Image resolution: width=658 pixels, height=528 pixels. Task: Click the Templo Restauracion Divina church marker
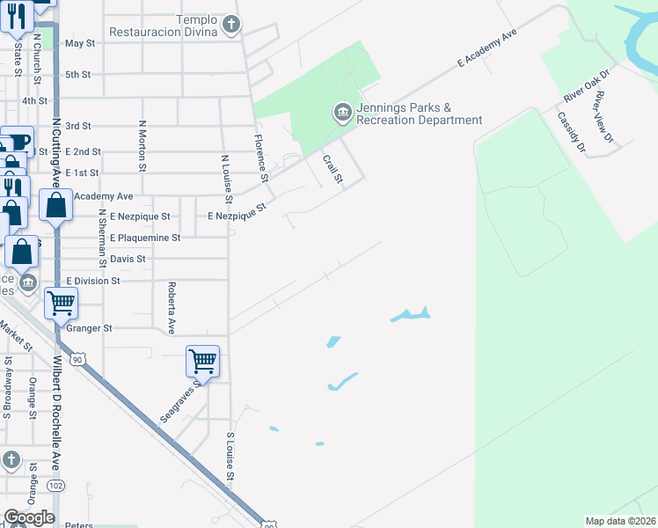tap(230, 24)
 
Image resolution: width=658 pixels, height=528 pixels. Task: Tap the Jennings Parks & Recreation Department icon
tap(341, 112)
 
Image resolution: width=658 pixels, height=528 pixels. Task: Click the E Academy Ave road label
tap(485, 48)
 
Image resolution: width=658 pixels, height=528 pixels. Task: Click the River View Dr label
tap(603, 116)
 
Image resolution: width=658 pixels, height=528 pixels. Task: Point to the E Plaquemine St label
tap(145, 238)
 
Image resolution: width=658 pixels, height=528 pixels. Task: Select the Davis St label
tap(128, 259)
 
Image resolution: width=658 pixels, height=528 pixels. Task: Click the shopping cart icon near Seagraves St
tap(202, 360)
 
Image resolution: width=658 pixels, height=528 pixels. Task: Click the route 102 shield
tap(56, 485)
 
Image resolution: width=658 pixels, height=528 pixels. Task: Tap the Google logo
tap(28, 517)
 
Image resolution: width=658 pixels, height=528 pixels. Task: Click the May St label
tap(79, 42)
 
